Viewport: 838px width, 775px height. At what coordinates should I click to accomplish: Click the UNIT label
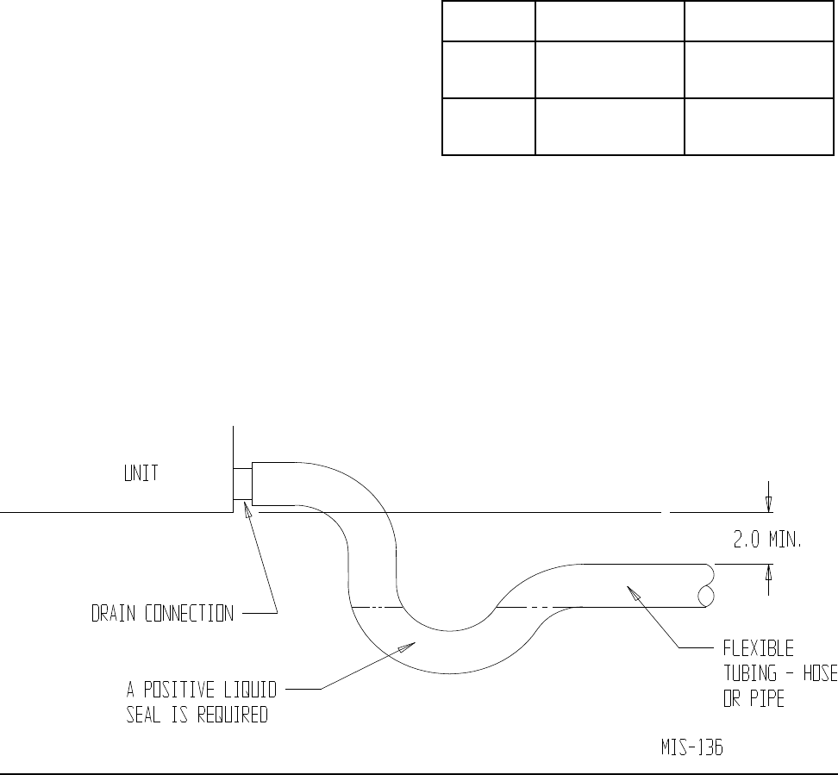136,475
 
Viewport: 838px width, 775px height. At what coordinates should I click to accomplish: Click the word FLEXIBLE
758,647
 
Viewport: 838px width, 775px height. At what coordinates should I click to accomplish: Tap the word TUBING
749,674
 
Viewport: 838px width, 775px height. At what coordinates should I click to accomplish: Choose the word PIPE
766,700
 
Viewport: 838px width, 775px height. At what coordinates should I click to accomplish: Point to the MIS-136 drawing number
686,748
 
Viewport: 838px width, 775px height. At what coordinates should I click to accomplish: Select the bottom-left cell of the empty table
488,127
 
